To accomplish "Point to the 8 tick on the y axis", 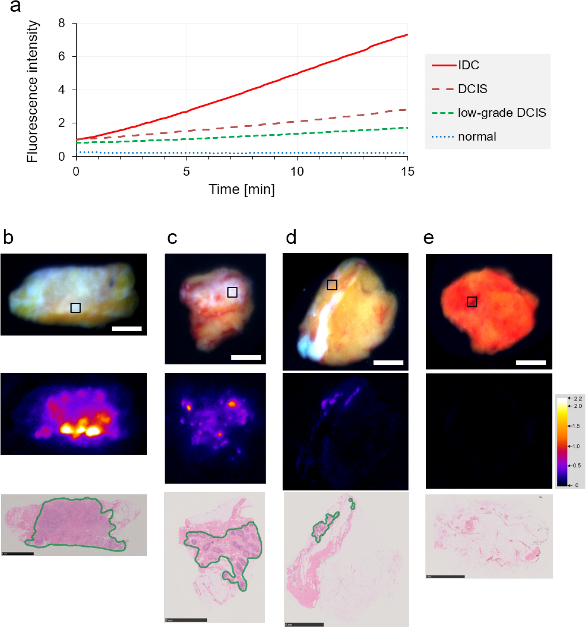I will click(x=62, y=23).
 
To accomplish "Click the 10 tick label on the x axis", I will click(x=297, y=171).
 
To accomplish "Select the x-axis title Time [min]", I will click(x=241, y=189).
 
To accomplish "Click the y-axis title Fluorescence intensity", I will click(x=32, y=91).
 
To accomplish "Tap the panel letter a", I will click(x=15, y=7).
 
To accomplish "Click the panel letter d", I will click(x=291, y=238).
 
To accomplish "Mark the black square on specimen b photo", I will click(x=75, y=308).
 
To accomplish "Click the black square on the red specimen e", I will click(x=472, y=302).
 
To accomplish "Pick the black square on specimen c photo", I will click(x=232, y=292).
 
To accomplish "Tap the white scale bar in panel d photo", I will click(x=388, y=363).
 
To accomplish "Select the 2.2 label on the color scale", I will click(x=578, y=399).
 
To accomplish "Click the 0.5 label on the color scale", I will click(x=577, y=466).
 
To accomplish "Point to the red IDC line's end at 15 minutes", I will click(x=407, y=35).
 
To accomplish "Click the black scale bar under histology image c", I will click(x=186, y=620).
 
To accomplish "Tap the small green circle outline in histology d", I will click(x=350, y=500).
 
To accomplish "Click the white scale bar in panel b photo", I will click(x=127, y=329).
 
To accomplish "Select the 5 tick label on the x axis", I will click(x=186, y=171).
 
